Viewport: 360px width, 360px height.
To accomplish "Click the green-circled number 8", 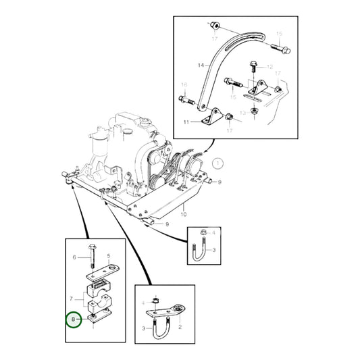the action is pos(74,319).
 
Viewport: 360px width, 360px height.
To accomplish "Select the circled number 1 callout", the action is pos(217,163).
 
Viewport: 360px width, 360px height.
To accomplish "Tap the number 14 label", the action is pos(201,66).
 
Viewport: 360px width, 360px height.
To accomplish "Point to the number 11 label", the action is pos(186,122).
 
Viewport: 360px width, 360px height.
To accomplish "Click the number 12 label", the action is pos(269,67).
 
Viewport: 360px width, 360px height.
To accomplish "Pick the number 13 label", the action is pos(242,113).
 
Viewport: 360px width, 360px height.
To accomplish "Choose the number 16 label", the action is pos(184,85).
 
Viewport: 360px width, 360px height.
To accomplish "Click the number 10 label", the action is pos(184,214).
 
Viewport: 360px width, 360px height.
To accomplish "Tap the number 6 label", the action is pos(74,257).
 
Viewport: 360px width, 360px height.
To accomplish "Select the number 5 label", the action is pos(109,256).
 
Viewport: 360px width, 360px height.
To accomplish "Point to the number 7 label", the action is pos(71,299).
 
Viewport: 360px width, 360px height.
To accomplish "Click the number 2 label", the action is pos(180,327).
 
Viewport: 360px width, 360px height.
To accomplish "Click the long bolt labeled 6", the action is pos(92,256).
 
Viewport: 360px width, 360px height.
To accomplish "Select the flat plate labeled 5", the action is pos(103,273).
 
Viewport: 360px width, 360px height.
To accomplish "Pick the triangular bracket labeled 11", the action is pos(212,117).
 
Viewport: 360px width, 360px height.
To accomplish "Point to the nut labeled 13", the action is pos(254,112).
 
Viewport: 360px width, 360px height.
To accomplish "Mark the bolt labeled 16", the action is pos(186,100).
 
